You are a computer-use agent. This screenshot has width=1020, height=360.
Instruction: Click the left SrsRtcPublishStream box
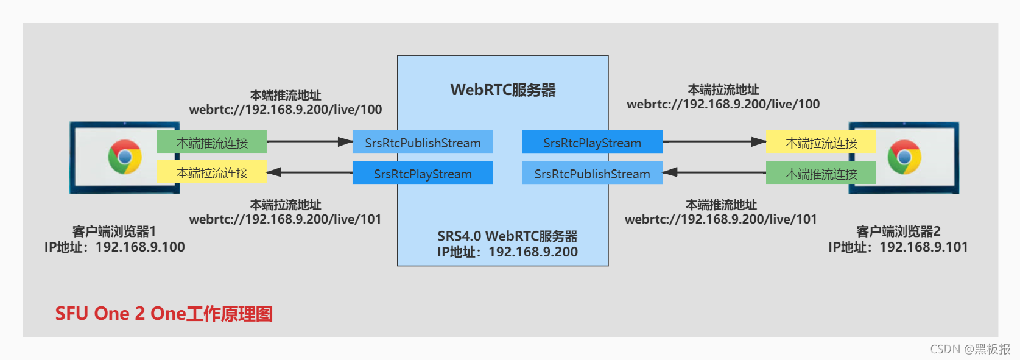[423, 142]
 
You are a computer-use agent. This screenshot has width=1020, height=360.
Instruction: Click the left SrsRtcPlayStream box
[423, 173]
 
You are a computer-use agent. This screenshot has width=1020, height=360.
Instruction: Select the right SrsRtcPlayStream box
[592, 142]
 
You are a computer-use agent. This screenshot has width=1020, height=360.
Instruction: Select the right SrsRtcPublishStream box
[592, 173]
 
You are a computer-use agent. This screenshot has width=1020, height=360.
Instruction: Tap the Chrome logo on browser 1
[125, 157]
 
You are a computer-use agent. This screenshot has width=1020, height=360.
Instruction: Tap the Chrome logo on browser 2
[904, 157]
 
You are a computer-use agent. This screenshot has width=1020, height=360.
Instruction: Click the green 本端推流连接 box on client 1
[212, 142]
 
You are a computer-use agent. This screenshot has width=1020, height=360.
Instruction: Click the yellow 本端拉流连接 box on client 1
[212, 172]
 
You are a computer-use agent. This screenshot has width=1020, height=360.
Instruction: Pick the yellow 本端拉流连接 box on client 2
[821, 142]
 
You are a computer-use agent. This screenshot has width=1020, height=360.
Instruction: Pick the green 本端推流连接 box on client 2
[821, 173]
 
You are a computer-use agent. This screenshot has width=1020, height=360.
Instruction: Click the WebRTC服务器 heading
[503, 90]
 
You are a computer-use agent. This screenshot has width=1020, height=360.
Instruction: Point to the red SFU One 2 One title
[164, 314]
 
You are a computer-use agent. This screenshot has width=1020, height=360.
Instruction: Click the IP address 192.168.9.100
[140, 247]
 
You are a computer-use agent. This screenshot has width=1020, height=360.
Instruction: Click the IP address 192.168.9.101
[923, 247]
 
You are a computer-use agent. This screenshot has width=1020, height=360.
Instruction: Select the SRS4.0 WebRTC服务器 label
[507, 236]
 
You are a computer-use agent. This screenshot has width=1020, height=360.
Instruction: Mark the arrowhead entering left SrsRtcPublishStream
[345, 142]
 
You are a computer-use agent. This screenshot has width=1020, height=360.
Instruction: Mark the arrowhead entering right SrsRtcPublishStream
[670, 172]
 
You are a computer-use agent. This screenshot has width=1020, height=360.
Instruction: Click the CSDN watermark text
[969, 349]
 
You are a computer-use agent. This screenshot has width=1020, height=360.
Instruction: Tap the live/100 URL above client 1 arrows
[286, 110]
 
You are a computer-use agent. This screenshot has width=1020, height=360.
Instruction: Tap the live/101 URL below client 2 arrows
[721, 219]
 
